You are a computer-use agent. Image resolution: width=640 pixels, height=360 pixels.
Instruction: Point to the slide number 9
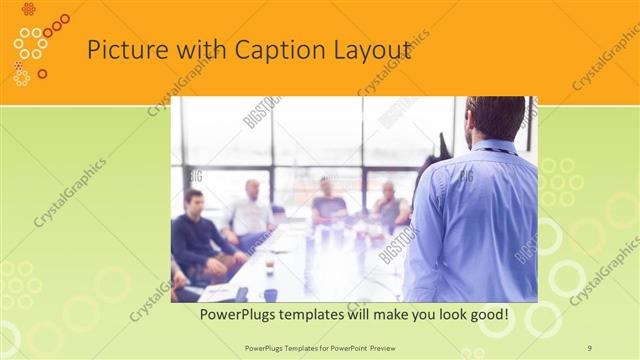tap(589, 347)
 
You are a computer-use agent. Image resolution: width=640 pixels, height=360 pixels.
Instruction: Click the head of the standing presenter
tap(496, 118)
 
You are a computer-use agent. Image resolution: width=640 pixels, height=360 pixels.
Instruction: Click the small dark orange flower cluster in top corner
tap(28, 9)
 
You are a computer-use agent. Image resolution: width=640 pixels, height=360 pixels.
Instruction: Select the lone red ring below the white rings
tap(42, 73)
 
